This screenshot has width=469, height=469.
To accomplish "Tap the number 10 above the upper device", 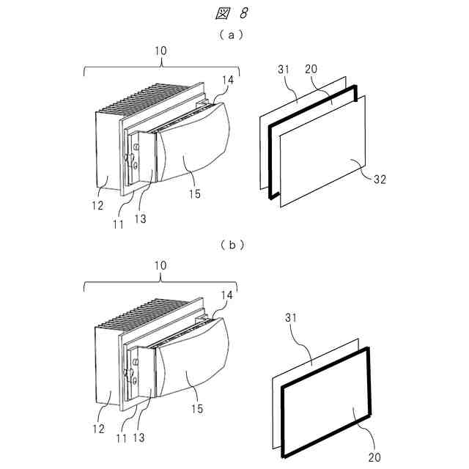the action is click(x=160, y=51).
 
